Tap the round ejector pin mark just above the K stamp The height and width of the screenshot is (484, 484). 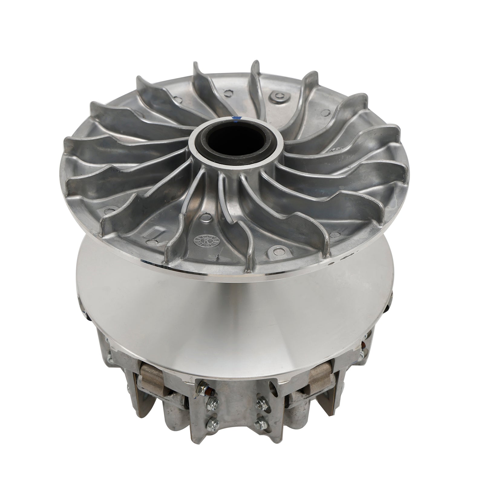point(206,217)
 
